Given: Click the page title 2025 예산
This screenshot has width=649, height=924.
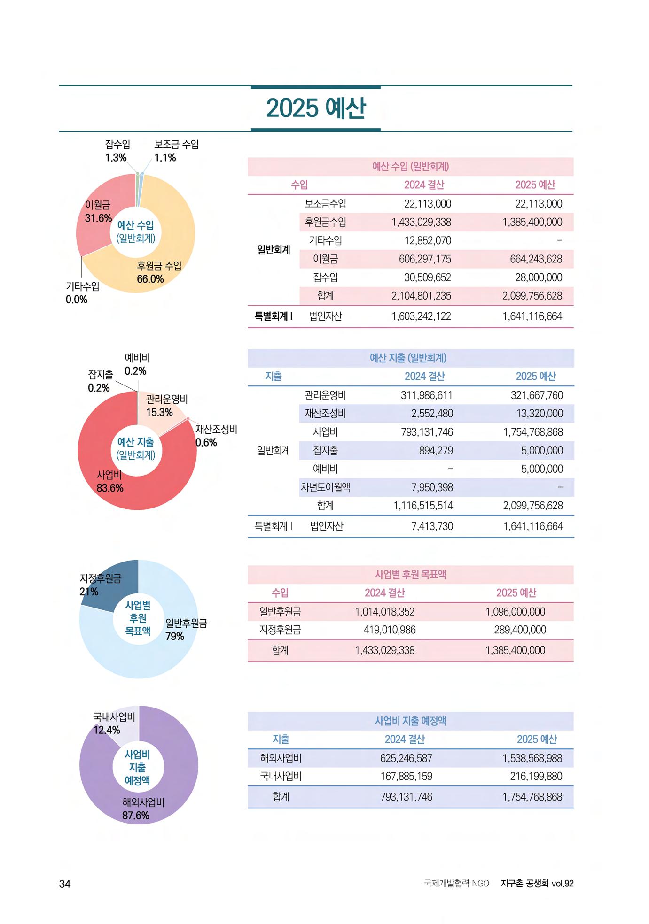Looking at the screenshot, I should pos(316,108).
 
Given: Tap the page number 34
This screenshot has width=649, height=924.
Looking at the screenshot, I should pos(64,883).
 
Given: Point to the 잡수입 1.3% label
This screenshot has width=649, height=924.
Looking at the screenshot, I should pos(117,151).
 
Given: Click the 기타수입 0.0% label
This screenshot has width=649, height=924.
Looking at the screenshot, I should pos(82,293).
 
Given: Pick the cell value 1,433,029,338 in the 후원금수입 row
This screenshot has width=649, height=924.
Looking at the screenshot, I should pos(421,222).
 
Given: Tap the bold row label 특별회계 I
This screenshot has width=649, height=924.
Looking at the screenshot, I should pos(273,316).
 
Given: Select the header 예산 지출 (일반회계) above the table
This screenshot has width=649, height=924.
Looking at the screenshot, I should pos(408,358).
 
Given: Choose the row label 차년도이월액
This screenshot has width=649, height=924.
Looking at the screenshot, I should pos(325,487).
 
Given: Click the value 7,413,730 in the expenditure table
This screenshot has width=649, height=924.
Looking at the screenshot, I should pos(432,526).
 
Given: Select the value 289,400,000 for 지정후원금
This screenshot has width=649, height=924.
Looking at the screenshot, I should pos(520,630).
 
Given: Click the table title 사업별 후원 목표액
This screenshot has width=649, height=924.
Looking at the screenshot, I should pos(410,574).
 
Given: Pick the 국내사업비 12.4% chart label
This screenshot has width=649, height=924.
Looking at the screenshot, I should pos(114,723).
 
